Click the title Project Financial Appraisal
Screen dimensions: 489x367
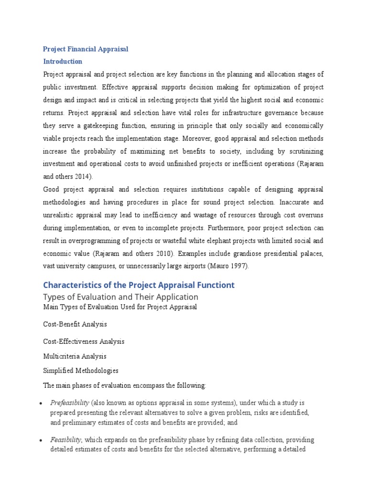86,49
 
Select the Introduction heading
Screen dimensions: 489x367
63,62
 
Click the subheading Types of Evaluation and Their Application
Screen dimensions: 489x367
120,297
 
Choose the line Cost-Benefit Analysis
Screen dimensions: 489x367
75,324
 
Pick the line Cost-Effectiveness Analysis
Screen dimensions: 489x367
84,341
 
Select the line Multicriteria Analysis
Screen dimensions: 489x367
75,356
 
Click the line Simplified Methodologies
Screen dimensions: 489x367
81,371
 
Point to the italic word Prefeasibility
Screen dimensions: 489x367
69,403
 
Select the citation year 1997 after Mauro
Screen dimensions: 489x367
237,266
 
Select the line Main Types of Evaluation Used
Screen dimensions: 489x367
120,307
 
